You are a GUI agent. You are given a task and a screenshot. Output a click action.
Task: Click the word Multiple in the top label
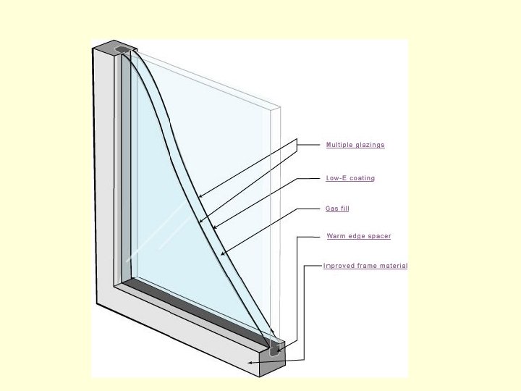339,145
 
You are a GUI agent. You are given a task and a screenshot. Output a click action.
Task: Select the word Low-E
336,178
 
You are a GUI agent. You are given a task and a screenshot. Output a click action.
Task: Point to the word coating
363,178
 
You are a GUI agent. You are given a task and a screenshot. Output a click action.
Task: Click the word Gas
331,209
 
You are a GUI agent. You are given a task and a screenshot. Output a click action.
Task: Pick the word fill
345,209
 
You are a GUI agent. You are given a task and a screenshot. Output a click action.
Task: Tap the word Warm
335,236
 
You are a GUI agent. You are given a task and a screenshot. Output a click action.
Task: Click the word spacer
379,236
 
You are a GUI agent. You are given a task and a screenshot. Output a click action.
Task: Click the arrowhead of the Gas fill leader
222,254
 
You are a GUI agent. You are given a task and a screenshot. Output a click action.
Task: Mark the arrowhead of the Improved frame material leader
250,362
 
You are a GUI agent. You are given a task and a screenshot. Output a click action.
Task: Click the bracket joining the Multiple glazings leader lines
297,145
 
